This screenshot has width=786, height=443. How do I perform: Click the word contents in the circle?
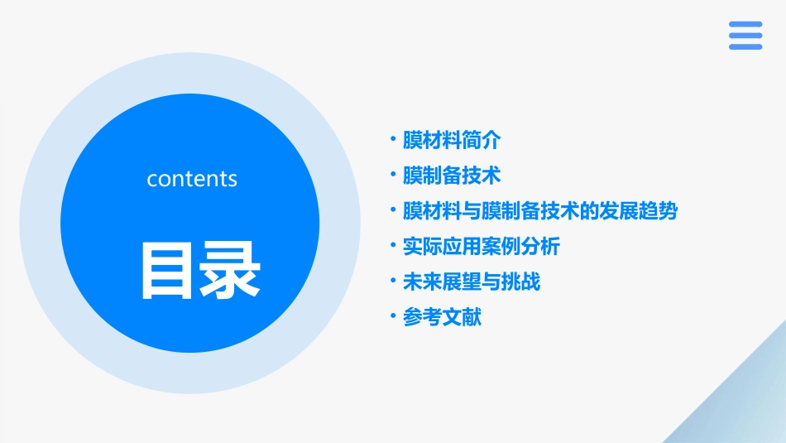point(192,179)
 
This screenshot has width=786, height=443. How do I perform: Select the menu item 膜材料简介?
point(451,140)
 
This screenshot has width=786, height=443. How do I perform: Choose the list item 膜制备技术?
point(451,176)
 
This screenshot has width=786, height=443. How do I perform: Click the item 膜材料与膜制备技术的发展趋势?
point(539,211)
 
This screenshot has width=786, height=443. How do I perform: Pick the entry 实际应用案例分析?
point(481,247)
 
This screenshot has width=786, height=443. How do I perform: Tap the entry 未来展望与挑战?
point(471,282)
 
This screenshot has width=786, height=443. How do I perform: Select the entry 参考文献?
point(441,317)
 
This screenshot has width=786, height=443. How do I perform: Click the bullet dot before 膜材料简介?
point(393,139)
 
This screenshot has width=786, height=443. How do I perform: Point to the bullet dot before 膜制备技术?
point(393,175)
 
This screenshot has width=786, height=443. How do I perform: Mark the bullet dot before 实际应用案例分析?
point(393,246)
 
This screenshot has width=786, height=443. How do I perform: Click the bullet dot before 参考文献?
point(393,316)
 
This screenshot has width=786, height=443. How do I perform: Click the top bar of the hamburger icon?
point(745,24)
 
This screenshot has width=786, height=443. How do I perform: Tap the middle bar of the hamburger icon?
point(745,36)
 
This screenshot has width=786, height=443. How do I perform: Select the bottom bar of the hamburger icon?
point(745,46)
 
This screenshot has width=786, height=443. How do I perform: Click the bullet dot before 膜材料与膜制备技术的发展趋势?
point(393,210)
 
